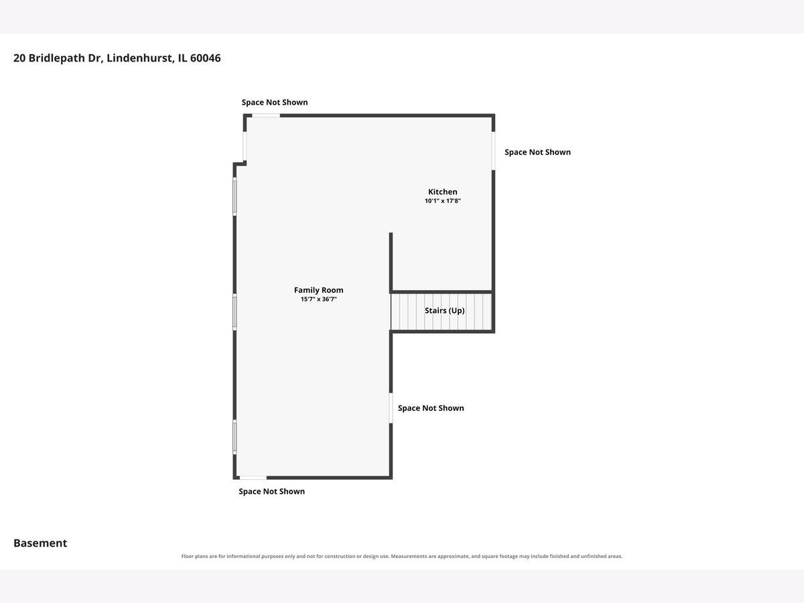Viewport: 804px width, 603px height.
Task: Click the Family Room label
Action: coord(319,290)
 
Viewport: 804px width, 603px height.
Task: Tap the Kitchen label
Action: coord(442,192)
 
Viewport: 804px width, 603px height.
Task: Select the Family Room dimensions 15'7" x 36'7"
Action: coord(319,299)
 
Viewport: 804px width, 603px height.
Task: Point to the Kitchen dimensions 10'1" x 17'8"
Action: coord(442,200)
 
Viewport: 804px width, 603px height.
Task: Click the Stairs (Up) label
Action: coord(445,310)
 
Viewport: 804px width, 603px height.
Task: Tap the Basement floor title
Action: coord(40,543)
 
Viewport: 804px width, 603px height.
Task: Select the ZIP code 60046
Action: coord(206,58)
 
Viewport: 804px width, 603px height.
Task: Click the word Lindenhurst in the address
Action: coord(140,58)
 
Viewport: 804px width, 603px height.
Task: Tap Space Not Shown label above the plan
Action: coord(275,102)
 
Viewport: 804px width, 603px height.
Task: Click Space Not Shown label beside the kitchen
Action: coord(537,152)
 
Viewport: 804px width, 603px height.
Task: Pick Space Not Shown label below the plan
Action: coord(272,491)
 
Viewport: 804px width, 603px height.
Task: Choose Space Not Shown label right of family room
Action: coord(431,408)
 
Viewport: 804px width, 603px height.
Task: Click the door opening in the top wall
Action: coord(266,116)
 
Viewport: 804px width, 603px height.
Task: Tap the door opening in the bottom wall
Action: coord(253,478)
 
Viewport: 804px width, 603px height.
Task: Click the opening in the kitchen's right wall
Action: coord(493,151)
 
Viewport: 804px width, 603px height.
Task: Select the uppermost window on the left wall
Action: coord(234,196)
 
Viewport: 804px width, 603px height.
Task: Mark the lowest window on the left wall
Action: coord(234,437)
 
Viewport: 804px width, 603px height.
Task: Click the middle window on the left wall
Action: coord(234,312)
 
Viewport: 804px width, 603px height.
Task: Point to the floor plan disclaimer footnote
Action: coord(402,556)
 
